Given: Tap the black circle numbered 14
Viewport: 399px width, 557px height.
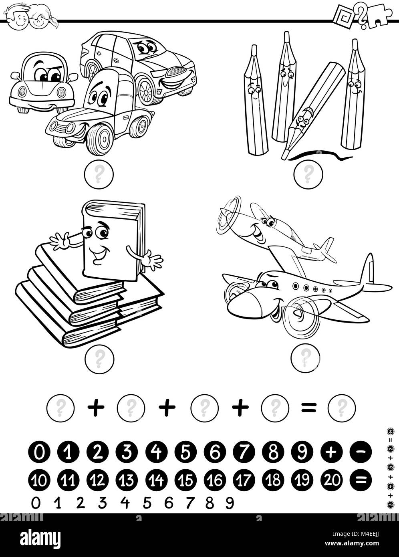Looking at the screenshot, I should (x=157, y=479).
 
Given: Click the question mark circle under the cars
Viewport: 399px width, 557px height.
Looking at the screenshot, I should (x=99, y=173).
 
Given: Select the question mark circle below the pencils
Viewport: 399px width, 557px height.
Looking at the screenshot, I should (x=308, y=173).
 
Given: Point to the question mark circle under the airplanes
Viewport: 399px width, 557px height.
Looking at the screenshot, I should (x=306, y=355).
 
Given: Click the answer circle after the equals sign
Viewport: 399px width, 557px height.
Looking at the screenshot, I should (x=342, y=408).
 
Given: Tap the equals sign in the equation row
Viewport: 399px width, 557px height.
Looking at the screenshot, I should (x=308, y=408).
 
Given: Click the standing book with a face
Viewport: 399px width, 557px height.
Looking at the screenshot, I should (x=110, y=240).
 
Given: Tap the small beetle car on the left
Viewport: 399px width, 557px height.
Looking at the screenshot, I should (x=42, y=82).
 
